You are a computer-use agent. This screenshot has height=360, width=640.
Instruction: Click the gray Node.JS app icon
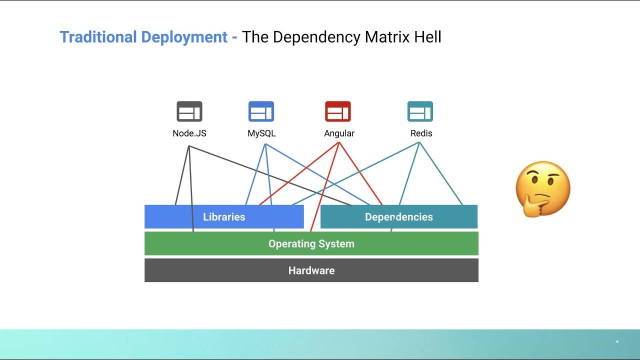point(189,111)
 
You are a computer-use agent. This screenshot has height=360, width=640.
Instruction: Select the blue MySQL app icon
point(261,111)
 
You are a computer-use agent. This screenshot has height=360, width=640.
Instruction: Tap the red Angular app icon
point(338,111)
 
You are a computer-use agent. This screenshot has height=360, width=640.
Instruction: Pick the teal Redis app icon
point(420,111)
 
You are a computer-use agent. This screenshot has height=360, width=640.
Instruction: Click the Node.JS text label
point(189,133)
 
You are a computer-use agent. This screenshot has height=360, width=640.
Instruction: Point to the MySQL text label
point(261,133)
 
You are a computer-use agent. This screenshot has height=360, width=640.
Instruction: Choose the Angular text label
point(339,133)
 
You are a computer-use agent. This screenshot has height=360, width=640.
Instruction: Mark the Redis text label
point(421,133)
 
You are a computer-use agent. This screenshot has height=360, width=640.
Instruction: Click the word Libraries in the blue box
point(224,217)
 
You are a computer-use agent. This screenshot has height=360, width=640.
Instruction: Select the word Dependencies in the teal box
point(398,217)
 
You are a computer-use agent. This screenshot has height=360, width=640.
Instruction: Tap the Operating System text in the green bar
point(311,244)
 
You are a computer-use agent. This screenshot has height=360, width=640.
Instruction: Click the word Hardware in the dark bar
point(311,270)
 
